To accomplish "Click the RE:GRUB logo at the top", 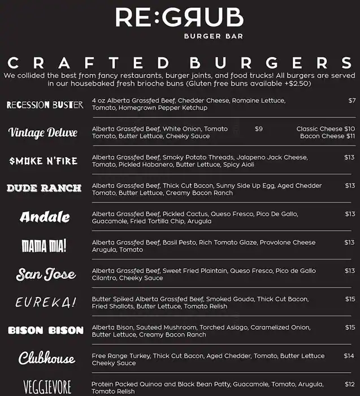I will [x=180, y=18].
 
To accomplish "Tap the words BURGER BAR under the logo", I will [x=213, y=37].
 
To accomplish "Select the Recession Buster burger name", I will [x=45, y=105].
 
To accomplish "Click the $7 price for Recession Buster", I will [x=352, y=101].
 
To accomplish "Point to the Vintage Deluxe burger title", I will [x=43, y=132].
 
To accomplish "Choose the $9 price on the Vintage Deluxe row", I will [x=259, y=129].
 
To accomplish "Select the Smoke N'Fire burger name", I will [x=44, y=161].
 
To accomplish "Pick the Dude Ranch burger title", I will [x=44, y=188].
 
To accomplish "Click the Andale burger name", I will [x=45, y=217].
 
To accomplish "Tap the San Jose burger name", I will [x=46, y=275].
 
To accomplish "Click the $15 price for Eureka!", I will [x=350, y=299].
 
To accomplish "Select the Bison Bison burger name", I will [x=46, y=330].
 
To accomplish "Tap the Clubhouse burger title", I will [x=46, y=359].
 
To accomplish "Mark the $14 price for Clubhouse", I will [x=349, y=356].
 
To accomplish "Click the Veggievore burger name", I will [x=47, y=388].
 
